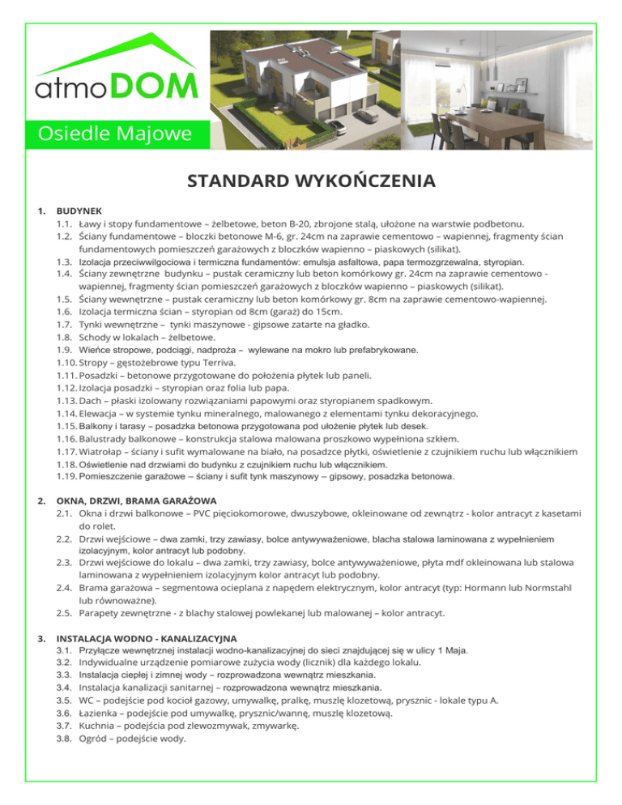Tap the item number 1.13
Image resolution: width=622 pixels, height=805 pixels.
66,401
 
